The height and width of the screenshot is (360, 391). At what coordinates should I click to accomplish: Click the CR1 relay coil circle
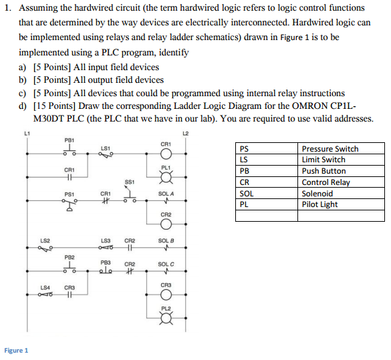click(166, 154)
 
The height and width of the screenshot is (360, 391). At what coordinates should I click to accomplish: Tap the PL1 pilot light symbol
click(166, 177)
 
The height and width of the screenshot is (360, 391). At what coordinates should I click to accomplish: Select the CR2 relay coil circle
click(166, 224)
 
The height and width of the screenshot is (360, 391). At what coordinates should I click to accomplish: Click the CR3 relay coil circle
click(166, 295)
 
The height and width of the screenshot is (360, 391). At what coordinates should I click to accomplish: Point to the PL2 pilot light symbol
click(166, 318)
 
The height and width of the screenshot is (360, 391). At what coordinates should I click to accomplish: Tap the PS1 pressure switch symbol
click(70, 204)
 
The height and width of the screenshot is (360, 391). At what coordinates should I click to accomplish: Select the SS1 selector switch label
click(130, 182)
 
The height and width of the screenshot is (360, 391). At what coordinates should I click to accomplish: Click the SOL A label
click(166, 194)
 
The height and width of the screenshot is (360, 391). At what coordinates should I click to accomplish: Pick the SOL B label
click(166, 240)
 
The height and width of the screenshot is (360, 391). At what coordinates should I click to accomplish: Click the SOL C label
click(166, 264)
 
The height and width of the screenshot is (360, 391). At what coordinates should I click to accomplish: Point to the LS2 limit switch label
click(45, 240)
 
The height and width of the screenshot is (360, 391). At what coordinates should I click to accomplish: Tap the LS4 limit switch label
click(45, 288)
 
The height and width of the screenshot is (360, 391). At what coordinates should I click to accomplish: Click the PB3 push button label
click(106, 262)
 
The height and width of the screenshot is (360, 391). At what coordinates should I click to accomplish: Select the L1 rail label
click(27, 134)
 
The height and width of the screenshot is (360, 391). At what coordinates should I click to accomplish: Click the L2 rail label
click(186, 134)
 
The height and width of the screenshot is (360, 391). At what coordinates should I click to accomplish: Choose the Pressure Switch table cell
click(330, 149)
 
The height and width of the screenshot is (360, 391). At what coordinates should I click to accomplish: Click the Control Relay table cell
click(325, 182)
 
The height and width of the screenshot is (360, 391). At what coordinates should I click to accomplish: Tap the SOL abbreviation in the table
click(247, 194)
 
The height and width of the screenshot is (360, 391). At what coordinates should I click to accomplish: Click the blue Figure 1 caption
click(16, 351)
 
